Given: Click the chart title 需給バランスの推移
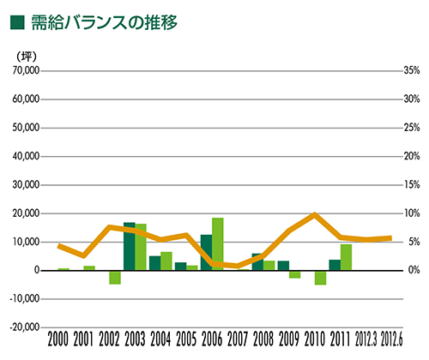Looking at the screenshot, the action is click(x=105, y=22).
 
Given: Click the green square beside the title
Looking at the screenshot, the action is click(x=17, y=22).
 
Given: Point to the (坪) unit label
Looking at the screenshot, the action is click(x=27, y=57).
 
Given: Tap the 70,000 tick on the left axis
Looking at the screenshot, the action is click(x=26, y=70).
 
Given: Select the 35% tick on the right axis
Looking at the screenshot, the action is click(x=412, y=70).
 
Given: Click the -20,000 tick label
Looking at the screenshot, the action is click(x=25, y=327).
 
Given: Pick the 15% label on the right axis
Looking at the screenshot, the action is click(x=412, y=185).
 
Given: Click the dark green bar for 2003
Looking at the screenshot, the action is click(x=130, y=246).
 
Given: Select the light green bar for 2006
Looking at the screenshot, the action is click(x=218, y=244).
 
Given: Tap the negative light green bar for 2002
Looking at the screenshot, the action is click(x=115, y=278).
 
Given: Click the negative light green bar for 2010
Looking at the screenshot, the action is click(x=320, y=278).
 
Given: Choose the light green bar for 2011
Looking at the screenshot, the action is click(x=346, y=257).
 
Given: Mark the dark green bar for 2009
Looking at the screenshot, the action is click(x=283, y=266).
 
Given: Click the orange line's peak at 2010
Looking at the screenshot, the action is click(x=314, y=214).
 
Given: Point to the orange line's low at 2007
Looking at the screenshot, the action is click(x=238, y=266).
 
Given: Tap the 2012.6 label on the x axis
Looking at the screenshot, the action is click(x=392, y=339).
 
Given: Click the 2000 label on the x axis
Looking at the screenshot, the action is click(x=58, y=339).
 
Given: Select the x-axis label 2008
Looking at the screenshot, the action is click(x=263, y=339).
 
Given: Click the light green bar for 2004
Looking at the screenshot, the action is click(x=166, y=261).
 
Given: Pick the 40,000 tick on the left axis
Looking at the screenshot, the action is click(x=26, y=156).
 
